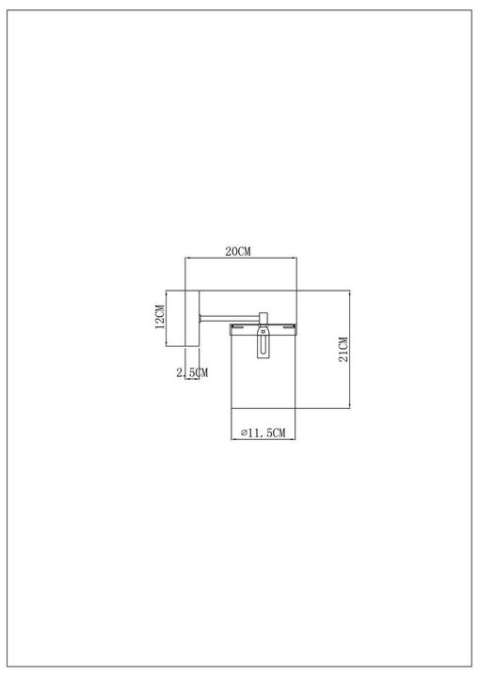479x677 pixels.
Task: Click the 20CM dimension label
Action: (x=238, y=251)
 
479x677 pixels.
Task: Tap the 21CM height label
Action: (x=343, y=349)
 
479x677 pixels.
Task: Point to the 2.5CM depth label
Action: (x=192, y=373)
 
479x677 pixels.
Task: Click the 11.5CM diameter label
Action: (x=266, y=432)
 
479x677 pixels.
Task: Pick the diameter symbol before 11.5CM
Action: (x=243, y=432)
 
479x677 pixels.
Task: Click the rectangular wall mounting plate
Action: (x=191, y=318)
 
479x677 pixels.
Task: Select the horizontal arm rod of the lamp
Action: (x=231, y=317)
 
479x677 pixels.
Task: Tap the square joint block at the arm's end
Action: (x=264, y=317)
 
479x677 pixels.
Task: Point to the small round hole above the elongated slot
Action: (x=264, y=332)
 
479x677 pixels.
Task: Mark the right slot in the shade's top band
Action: (x=288, y=328)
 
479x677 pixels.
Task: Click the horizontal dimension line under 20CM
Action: (x=241, y=259)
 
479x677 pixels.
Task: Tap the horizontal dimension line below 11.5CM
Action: (x=264, y=438)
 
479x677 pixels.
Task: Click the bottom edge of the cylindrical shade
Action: (x=264, y=409)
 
